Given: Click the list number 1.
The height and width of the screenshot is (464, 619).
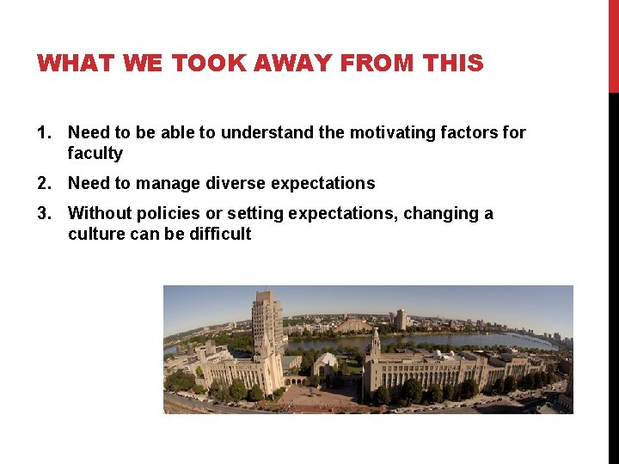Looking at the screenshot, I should (x=43, y=132).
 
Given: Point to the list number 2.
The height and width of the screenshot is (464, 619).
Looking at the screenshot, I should (x=43, y=183).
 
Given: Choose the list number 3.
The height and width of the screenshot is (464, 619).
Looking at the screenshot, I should (x=43, y=213).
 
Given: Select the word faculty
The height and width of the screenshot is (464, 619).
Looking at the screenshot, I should (x=95, y=154).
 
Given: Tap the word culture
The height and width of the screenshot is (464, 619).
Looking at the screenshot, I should (x=96, y=235).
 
